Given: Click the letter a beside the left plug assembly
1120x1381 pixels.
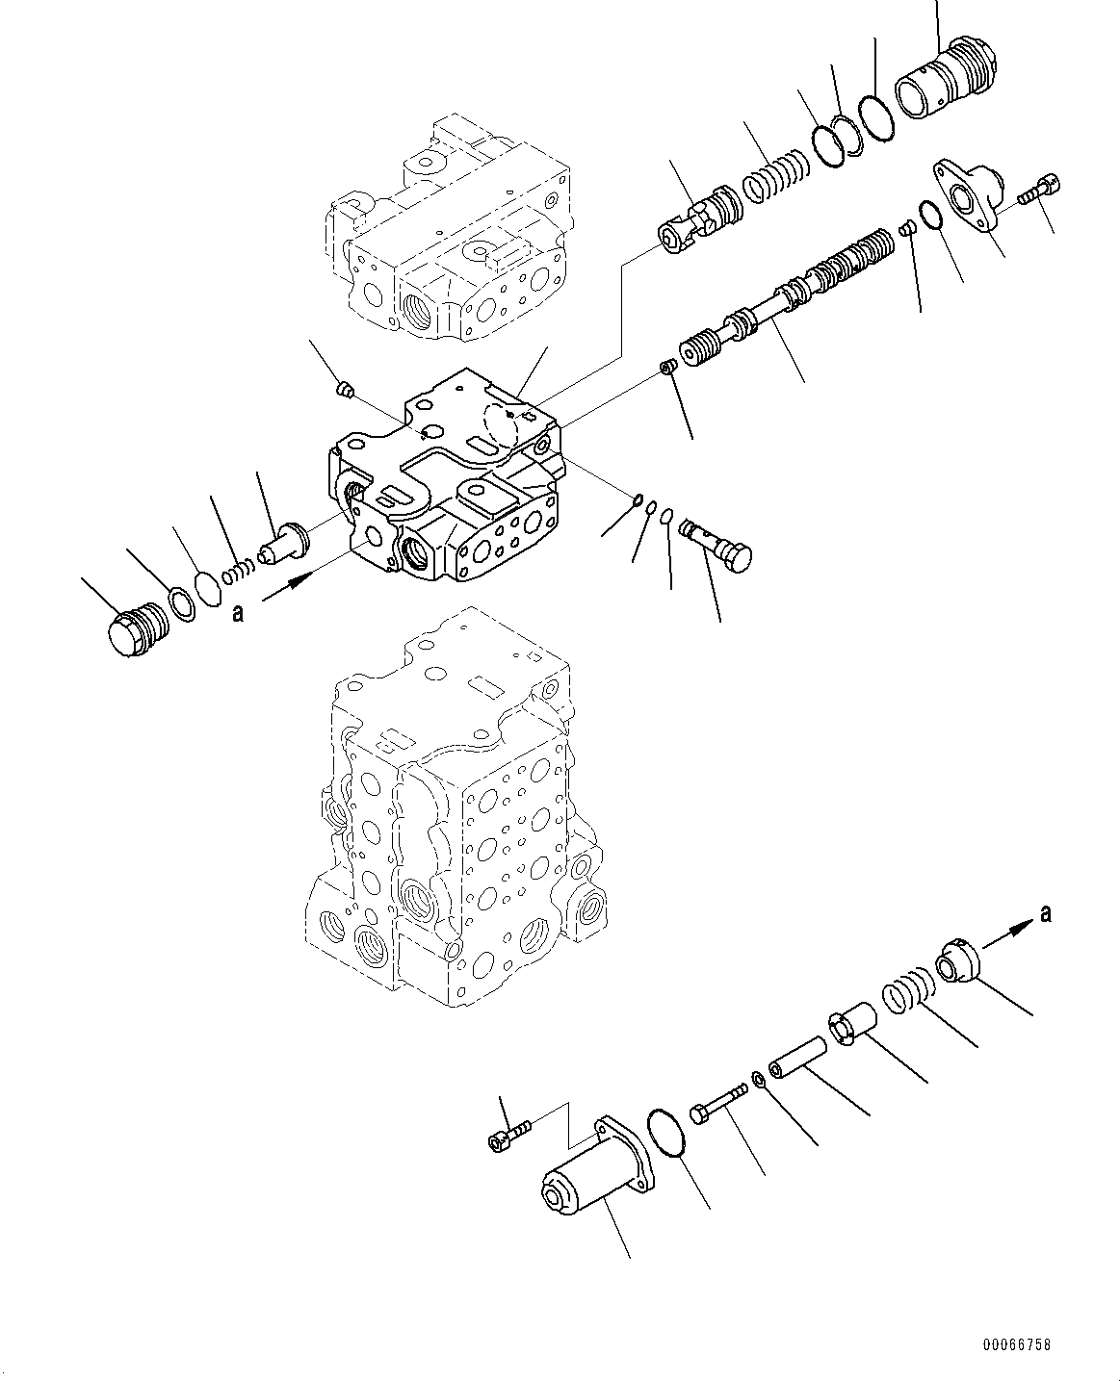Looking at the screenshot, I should (237, 613).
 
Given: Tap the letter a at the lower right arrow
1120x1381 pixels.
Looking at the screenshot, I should (1046, 913).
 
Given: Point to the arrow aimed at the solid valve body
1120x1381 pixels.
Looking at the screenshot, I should (290, 586).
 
